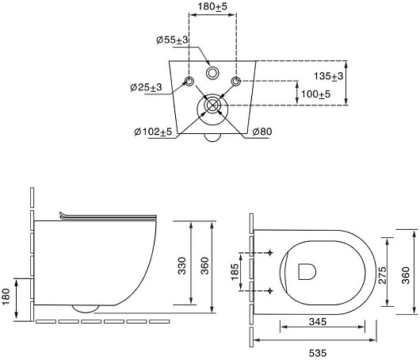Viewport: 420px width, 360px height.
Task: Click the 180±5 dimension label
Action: [212, 6]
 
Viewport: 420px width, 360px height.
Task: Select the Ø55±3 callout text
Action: [173, 40]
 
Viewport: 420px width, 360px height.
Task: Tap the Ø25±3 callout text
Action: [147, 87]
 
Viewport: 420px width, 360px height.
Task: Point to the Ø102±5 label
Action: [153, 132]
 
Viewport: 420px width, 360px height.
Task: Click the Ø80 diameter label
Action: [262, 132]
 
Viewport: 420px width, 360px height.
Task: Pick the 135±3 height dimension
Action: [328, 76]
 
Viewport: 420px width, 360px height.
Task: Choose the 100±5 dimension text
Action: [316, 94]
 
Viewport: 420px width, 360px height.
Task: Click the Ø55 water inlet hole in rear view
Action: [212, 73]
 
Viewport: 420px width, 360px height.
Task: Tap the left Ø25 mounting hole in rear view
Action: [189, 81]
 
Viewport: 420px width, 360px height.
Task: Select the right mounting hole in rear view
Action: [236, 81]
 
